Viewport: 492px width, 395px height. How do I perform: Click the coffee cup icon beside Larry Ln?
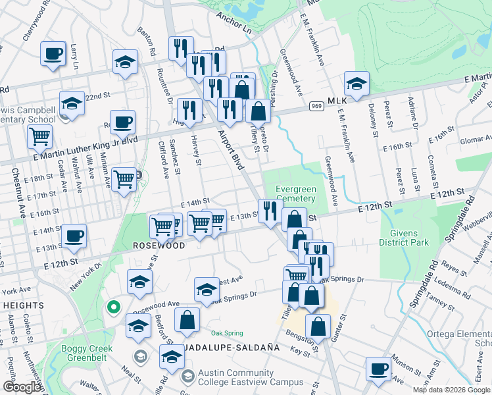point(53,53)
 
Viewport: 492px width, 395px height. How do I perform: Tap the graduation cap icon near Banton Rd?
point(125,62)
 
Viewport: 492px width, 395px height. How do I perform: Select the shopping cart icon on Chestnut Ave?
point(40,137)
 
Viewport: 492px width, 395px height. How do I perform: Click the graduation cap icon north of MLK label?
point(357,84)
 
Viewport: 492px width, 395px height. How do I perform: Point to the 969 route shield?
point(316,106)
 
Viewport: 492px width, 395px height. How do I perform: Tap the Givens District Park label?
point(403,237)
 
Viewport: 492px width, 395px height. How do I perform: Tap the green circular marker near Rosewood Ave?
point(113,306)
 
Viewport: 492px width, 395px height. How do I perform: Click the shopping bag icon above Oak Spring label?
point(187,320)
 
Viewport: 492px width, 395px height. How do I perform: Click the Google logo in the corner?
point(22,388)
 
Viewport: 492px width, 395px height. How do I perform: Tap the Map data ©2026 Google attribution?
point(451,390)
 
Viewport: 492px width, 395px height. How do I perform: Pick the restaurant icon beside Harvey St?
point(189,110)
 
